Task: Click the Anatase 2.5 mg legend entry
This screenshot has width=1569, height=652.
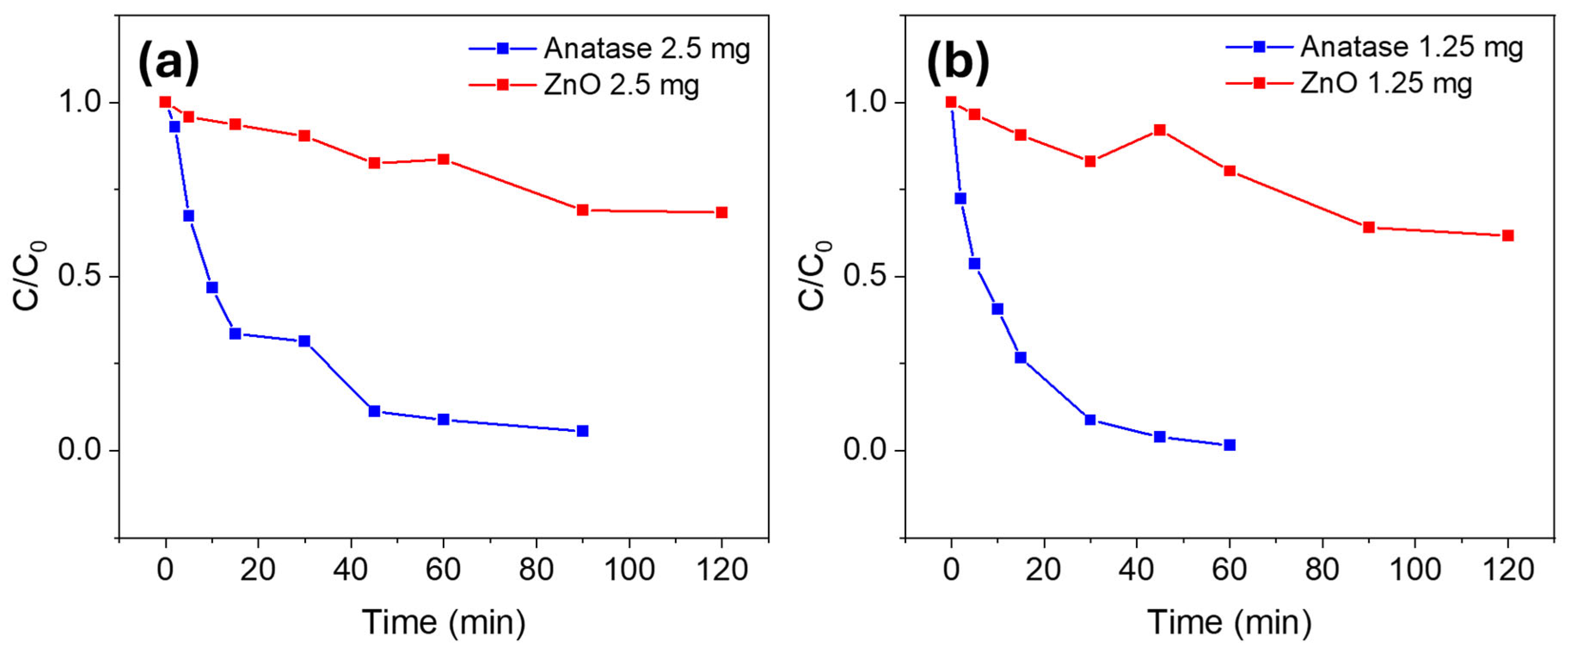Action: click(x=610, y=49)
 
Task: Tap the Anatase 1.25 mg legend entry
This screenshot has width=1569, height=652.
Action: click(x=1375, y=47)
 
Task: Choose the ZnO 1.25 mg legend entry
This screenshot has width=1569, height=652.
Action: click(x=1349, y=83)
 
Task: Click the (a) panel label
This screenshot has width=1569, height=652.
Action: click(x=169, y=63)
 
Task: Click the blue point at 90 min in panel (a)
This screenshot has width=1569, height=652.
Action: click(x=582, y=431)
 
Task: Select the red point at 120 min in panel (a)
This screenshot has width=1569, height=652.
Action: click(x=722, y=212)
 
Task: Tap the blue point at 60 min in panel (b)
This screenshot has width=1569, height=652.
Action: click(x=1230, y=445)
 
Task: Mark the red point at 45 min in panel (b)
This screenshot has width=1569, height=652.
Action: click(x=1160, y=130)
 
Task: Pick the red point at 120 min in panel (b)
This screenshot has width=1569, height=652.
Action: click(x=1508, y=235)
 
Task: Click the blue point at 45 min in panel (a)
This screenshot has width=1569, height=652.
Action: click(x=374, y=411)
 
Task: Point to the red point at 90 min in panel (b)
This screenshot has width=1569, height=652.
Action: click(x=1369, y=227)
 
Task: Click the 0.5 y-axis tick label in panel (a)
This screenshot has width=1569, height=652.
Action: click(x=79, y=276)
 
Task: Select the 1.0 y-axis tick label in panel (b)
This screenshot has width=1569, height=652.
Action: click(x=865, y=102)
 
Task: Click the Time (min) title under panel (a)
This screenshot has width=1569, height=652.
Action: click(x=444, y=623)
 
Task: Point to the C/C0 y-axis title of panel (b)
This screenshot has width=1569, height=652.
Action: click(x=814, y=275)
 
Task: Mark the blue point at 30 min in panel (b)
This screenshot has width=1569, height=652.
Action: click(x=1090, y=419)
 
